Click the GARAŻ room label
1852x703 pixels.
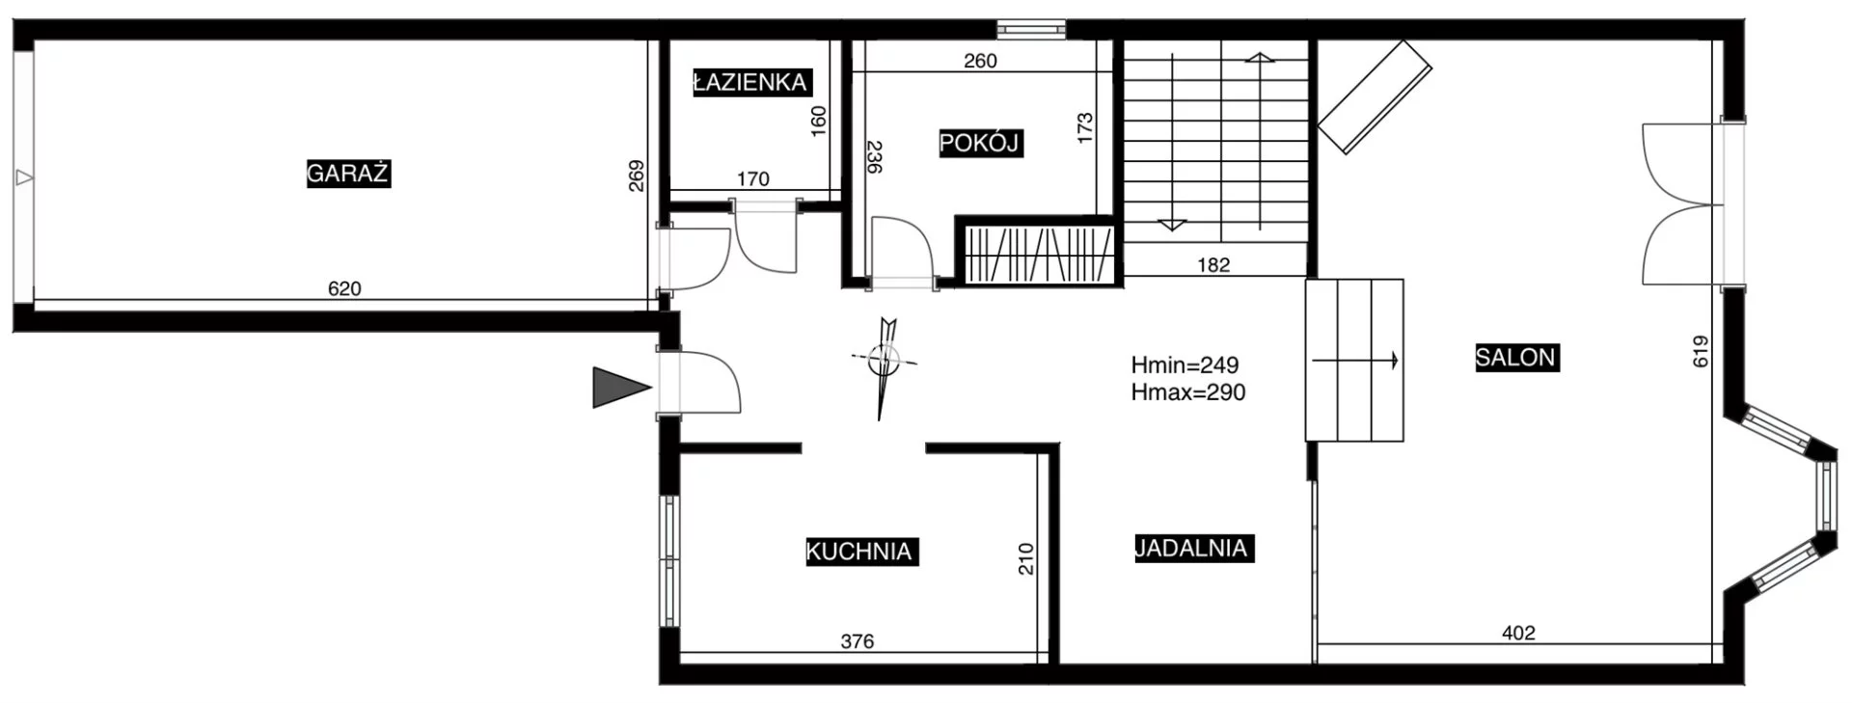[348, 174]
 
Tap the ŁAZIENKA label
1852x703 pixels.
[750, 82]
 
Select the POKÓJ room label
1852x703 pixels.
[980, 144]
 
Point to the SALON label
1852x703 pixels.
[1516, 358]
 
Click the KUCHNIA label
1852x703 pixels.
[859, 552]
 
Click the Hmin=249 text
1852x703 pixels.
[1185, 365]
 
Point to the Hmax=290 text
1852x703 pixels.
[1188, 392]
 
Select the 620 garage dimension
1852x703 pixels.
[344, 288]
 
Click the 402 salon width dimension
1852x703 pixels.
[1518, 633]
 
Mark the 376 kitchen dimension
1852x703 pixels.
[858, 641]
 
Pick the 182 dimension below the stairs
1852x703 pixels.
[1213, 265]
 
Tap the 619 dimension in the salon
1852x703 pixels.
[1701, 351]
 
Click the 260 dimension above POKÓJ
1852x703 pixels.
[980, 61]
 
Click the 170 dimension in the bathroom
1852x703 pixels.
[752, 178]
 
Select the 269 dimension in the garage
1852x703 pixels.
[637, 176]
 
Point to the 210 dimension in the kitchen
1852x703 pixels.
[1025, 559]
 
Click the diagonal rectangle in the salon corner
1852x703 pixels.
[1375, 96]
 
